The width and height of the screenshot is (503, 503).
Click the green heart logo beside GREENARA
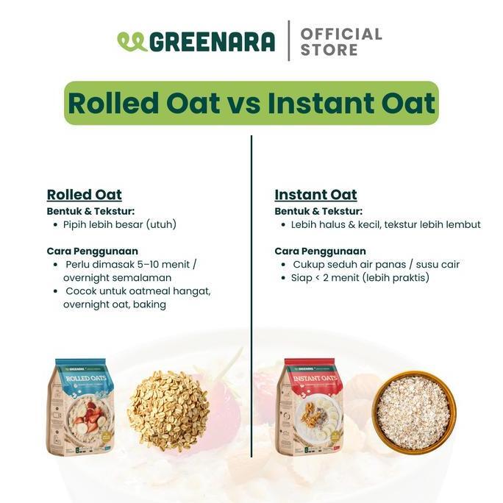coord(132,42)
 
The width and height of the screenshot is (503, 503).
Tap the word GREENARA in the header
coord(212,42)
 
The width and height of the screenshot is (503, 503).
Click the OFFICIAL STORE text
coord(340,42)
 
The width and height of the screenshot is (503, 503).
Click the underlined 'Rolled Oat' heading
coord(84,195)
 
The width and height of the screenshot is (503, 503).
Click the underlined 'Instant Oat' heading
coord(315,195)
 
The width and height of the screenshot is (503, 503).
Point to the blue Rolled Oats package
coord(82,408)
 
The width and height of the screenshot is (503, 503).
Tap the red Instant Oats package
coord(312,408)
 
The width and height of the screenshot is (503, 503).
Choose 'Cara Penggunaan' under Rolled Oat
coord(92,251)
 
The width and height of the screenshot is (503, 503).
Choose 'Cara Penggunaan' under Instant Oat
coord(320,251)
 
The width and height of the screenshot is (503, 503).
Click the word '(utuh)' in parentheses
coord(161,224)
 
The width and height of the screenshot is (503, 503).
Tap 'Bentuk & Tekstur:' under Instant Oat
coord(318,211)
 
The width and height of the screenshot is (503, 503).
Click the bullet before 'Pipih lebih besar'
coord(55,224)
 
